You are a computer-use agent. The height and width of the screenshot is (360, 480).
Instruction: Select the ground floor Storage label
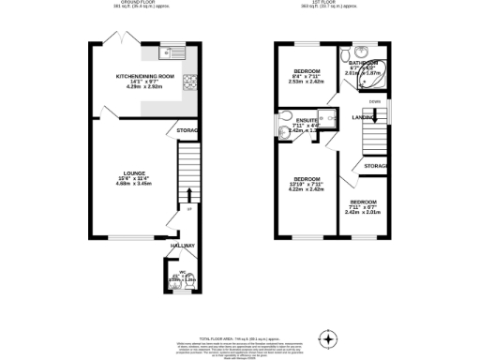188,130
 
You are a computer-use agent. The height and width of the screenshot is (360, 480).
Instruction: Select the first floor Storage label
376,166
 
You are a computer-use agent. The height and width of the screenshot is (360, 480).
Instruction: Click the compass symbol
327,337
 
